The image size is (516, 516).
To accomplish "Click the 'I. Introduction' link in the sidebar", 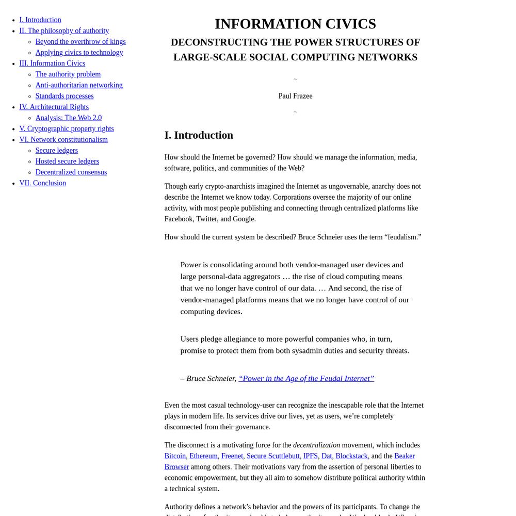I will coord(40,20).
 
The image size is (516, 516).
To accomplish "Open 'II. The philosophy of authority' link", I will coord(64,30).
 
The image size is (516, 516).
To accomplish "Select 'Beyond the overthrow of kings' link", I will coord(80,41).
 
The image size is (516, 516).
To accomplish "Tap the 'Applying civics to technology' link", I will coord(79,52).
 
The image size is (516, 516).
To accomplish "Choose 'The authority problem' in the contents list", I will coord(68,74).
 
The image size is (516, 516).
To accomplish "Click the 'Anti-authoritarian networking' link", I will coord(79,85).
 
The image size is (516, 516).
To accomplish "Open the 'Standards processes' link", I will coord(64,95).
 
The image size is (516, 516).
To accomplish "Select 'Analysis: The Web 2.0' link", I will coord(69,118).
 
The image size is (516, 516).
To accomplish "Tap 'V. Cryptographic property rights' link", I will coord(67,128).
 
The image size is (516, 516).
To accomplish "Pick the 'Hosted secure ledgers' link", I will coord(67,161).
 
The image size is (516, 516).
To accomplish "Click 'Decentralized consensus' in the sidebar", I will coord(71,172).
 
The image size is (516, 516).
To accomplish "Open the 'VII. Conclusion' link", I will coord(42,183).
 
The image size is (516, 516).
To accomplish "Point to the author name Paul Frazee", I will coord(295,96).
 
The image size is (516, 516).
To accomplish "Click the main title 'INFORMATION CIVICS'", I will coord(295,24).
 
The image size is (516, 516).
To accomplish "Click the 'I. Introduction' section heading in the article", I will coord(199,135).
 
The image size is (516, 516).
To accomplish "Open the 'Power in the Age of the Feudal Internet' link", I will coord(306,378).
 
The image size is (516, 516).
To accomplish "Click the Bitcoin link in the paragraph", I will coord(175,456).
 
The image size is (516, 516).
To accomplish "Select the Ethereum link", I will coord(203,456).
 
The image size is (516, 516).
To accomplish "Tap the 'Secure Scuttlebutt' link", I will coord(273,456).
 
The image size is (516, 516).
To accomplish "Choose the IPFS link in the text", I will coord(310,456).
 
